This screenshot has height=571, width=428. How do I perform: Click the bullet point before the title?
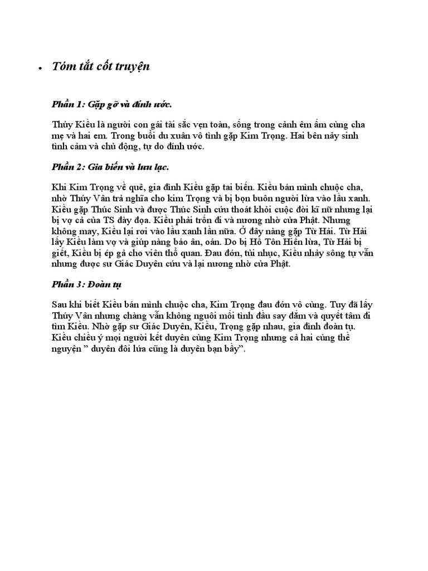click(x=41, y=68)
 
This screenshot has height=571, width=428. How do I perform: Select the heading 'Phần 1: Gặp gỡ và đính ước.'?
click(x=112, y=104)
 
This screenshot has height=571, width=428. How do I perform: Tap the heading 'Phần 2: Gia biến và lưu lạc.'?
click(x=110, y=167)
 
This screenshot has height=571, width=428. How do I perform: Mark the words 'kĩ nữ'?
click(x=305, y=209)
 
